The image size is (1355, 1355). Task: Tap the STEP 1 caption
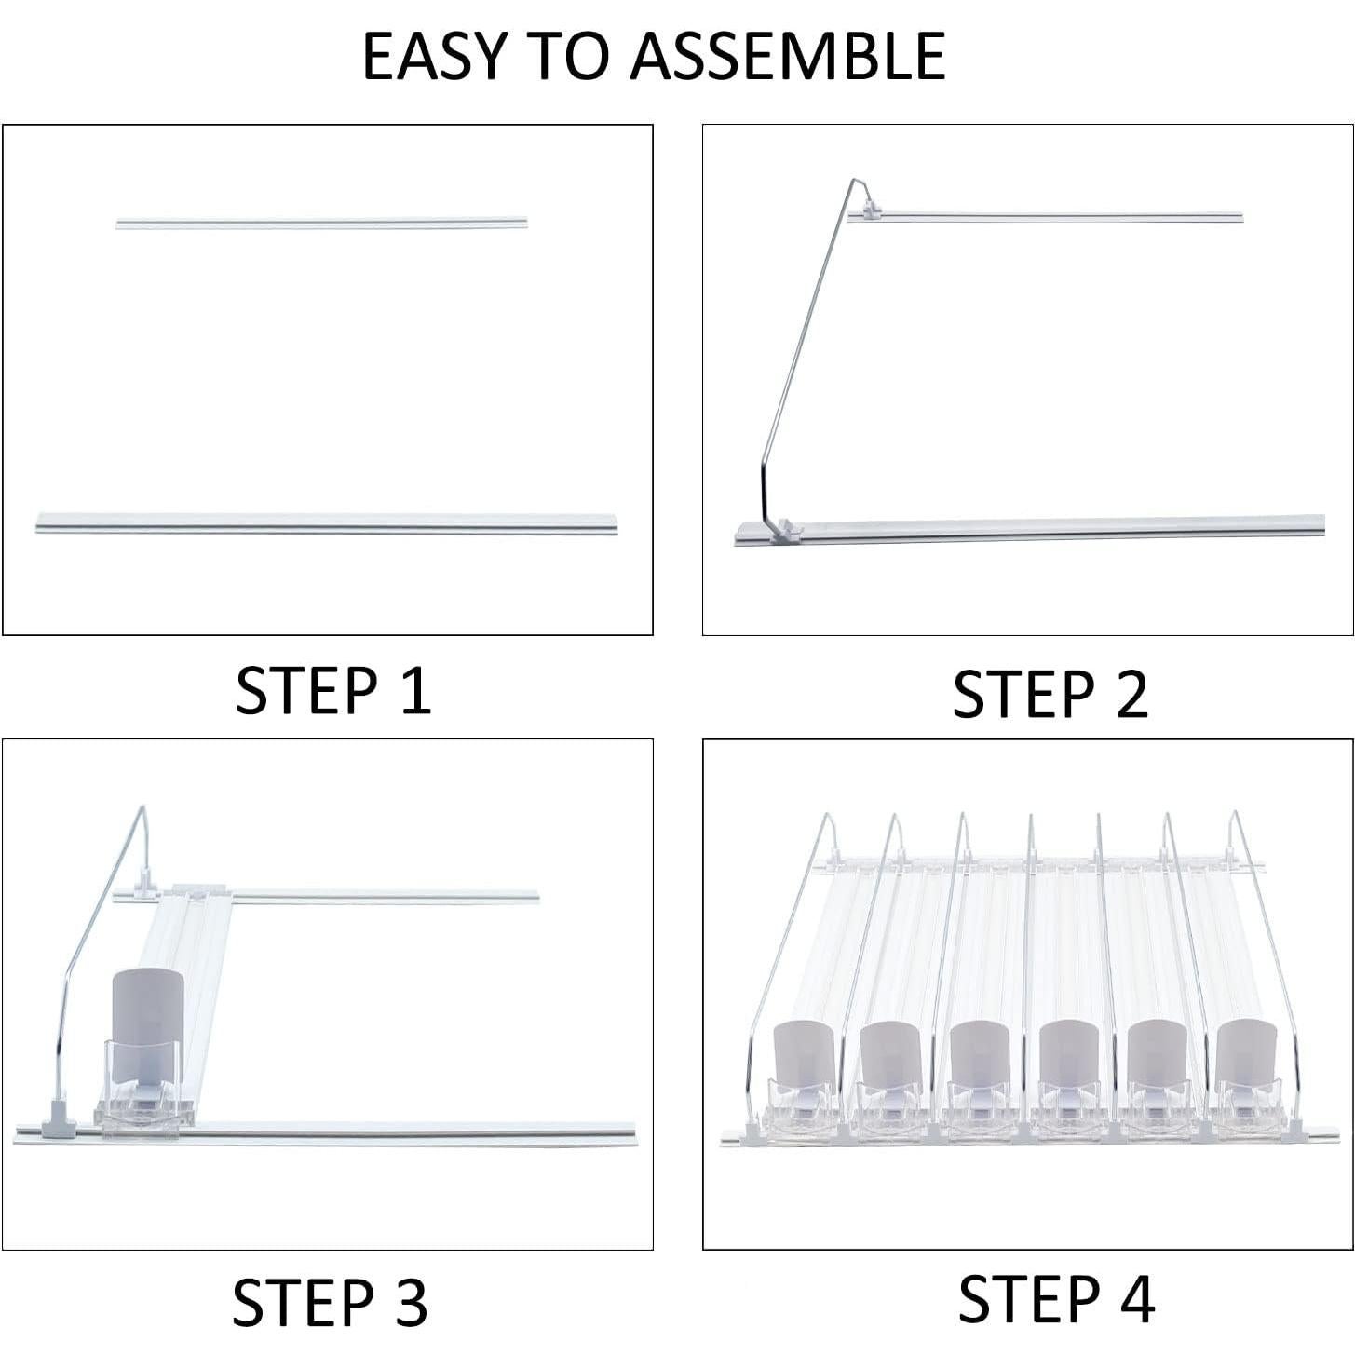pyautogui.click(x=333, y=690)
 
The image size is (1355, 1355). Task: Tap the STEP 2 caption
pyautogui.click(x=1050, y=695)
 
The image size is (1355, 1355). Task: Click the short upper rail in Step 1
pyautogui.click(x=321, y=224)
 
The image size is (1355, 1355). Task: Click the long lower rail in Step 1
pyautogui.click(x=326, y=522)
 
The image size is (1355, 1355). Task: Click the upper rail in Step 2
pyautogui.click(x=1052, y=218)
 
